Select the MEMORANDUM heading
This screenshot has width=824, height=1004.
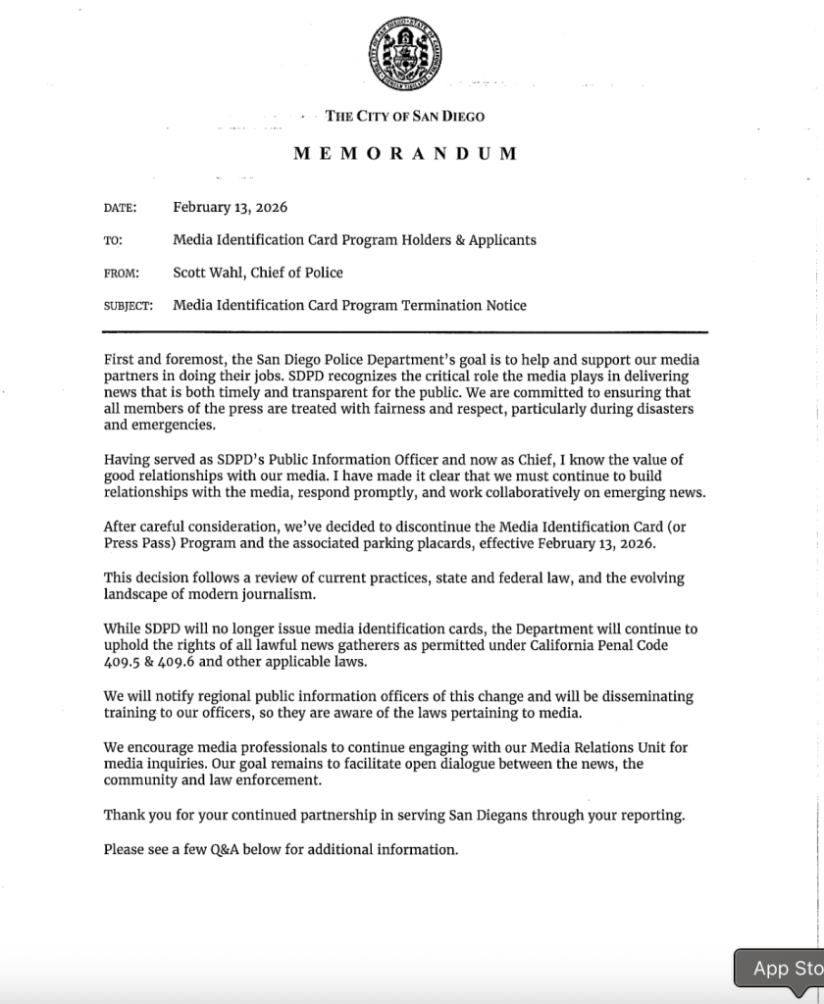click(x=405, y=154)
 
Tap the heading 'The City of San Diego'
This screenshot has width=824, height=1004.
click(x=405, y=117)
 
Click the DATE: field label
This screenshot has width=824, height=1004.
click(x=120, y=208)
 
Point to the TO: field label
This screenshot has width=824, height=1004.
click(x=112, y=240)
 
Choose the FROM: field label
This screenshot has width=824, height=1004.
click(x=122, y=274)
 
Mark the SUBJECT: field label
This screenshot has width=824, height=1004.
click(x=129, y=306)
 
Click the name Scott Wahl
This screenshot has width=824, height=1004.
click(x=209, y=273)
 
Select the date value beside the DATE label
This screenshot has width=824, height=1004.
click(x=230, y=207)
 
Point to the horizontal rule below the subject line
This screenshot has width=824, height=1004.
click(x=405, y=331)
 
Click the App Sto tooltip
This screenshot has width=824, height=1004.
click(x=780, y=968)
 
